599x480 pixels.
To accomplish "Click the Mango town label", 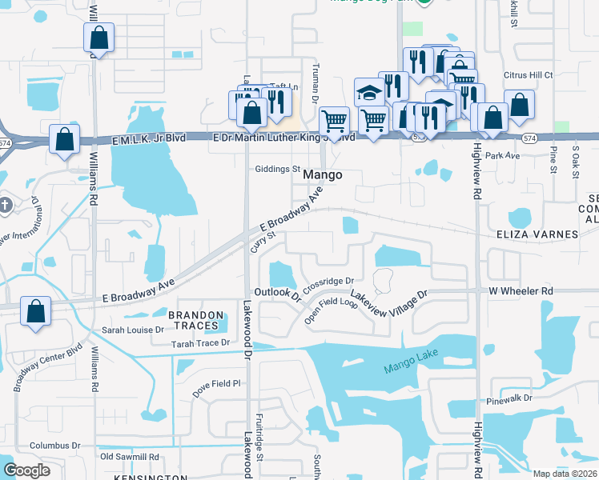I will click(323, 174).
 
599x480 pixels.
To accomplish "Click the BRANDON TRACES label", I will click(193, 320).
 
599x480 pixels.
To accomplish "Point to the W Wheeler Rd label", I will click(521, 290).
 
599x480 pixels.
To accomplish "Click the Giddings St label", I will click(276, 170).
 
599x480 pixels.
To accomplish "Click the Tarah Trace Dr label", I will click(200, 343).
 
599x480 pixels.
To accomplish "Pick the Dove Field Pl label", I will click(214, 383).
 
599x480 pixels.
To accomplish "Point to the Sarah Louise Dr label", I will click(132, 329).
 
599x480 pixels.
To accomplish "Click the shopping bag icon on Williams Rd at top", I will click(98, 38).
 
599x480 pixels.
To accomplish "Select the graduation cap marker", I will click(369, 92).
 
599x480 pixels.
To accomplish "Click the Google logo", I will click(26, 470).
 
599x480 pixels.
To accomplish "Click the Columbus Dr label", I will click(55, 446).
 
